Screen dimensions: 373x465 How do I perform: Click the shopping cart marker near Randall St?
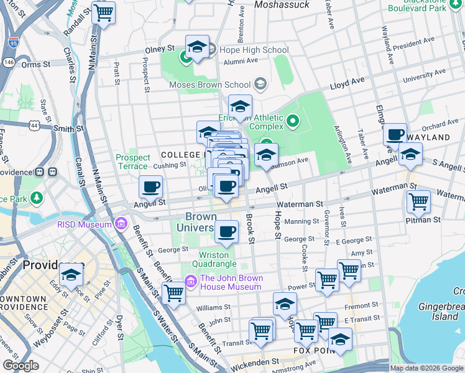[x=103, y=12]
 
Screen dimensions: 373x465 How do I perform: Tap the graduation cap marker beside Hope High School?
[x=197, y=47]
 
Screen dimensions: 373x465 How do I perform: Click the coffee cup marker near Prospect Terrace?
[x=150, y=186]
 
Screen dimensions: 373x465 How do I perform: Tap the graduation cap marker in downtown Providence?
[x=71, y=274]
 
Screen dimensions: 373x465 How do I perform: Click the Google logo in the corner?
[x=21, y=366]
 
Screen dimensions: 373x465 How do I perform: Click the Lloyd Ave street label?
[x=347, y=81]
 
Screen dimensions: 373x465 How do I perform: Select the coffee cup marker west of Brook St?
[x=227, y=232]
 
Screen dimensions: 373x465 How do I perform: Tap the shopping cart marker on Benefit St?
[x=173, y=293]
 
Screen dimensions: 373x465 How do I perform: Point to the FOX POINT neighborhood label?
[x=311, y=351]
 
